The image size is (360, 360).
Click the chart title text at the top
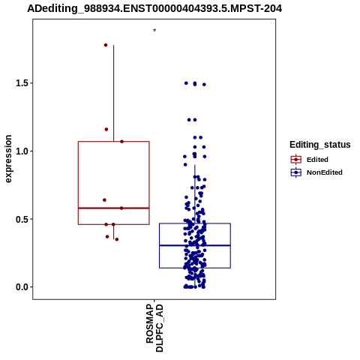coord(154,9)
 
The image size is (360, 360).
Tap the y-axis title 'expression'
coord(8,159)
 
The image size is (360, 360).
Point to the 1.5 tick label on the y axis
coord(21,83)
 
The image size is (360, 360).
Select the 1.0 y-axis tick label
coord(21,151)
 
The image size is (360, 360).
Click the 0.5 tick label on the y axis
coord(21,219)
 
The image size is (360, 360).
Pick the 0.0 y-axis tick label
coord(21,287)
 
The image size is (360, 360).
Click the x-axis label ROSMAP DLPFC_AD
coord(154,328)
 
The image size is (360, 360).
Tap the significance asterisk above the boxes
coord(154,31)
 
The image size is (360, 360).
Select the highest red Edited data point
coord(106,45)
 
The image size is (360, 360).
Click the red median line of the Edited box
coord(114,208)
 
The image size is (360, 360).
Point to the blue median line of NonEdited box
coord(195,245)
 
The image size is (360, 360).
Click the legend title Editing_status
coord(320,145)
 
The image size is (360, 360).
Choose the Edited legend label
coord(317,160)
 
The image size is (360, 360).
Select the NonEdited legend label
coord(325,172)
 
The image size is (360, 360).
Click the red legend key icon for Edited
coord(296,160)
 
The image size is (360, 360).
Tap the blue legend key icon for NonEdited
coord(296,172)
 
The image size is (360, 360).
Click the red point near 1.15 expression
coord(106,129)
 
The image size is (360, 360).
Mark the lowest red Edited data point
coord(117,239)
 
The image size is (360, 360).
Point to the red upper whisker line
coord(114,93)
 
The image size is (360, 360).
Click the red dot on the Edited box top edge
coord(121,142)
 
